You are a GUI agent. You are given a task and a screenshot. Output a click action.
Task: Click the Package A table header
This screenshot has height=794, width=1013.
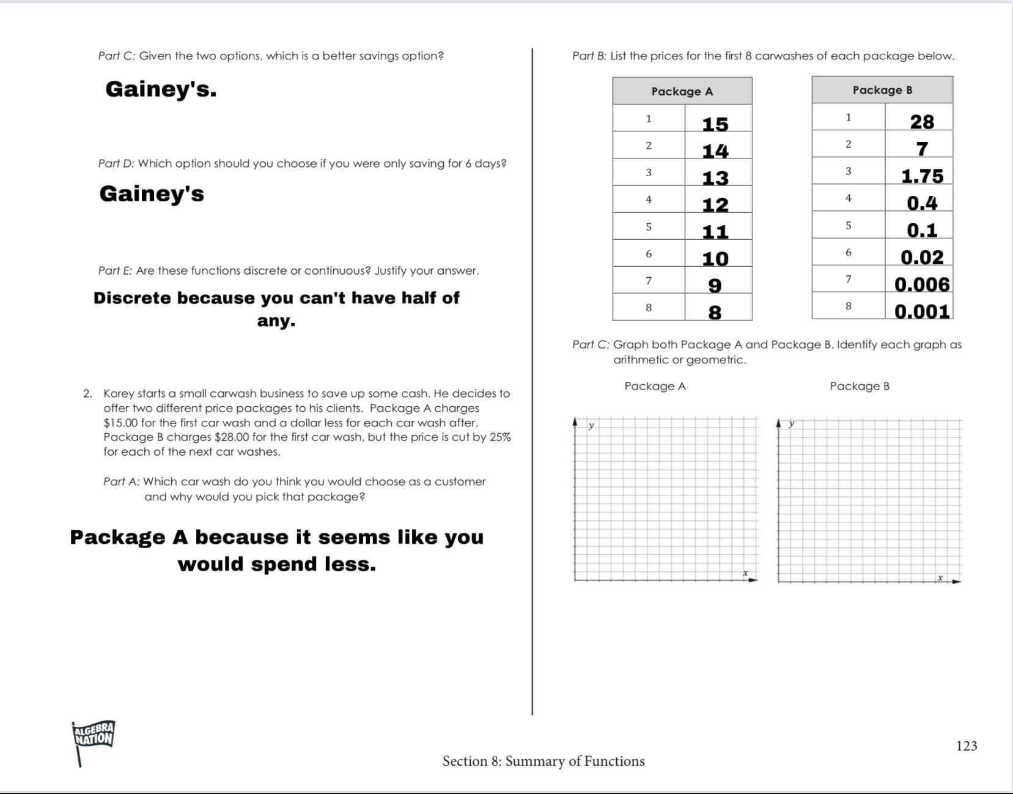click(682, 91)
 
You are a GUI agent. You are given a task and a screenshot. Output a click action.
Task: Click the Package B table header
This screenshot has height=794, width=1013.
click(882, 90)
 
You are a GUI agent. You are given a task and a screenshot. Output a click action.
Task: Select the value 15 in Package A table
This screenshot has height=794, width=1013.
click(715, 124)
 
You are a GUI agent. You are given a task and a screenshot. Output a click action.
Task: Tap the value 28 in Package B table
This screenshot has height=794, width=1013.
click(921, 122)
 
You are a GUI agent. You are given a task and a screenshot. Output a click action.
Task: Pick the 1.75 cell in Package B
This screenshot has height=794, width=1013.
click(922, 176)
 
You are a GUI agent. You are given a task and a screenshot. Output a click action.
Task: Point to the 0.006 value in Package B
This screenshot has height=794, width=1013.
click(921, 284)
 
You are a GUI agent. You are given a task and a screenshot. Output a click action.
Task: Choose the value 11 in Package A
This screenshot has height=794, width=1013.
click(715, 232)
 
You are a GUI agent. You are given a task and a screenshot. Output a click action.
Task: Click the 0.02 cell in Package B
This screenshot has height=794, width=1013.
click(921, 258)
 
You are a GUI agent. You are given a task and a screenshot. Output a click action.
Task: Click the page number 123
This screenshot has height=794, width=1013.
click(966, 746)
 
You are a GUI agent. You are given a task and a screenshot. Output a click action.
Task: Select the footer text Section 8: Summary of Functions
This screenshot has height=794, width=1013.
click(543, 761)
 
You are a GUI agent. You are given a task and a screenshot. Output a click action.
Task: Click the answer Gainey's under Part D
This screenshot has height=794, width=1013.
click(152, 193)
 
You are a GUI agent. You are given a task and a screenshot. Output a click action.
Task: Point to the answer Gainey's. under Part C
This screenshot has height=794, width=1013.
click(161, 89)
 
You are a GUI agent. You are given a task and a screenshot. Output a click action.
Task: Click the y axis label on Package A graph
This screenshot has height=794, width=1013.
click(591, 425)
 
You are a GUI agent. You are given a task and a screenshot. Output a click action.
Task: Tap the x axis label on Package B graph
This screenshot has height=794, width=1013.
click(940, 577)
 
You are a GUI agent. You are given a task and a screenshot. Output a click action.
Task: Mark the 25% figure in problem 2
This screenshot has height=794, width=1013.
click(499, 437)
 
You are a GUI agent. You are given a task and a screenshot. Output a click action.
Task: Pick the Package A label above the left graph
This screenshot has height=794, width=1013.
click(655, 386)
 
